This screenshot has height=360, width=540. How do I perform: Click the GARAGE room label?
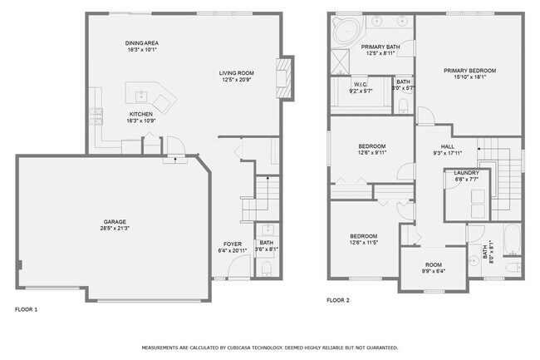(115, 222)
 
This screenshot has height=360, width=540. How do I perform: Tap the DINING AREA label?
(142, 42)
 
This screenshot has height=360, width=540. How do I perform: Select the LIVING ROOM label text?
(236, 73)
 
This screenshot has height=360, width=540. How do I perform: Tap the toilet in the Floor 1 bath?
(265, 267)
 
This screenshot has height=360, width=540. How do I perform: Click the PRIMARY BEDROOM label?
(469, 71)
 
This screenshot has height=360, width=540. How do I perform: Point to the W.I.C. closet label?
(360, 83)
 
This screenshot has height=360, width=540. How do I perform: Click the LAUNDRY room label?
(466, 173)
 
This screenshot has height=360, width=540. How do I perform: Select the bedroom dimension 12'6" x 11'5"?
(363, 242)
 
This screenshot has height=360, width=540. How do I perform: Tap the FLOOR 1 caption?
(27, 309)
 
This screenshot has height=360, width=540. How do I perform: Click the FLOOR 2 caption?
(338, 299)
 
